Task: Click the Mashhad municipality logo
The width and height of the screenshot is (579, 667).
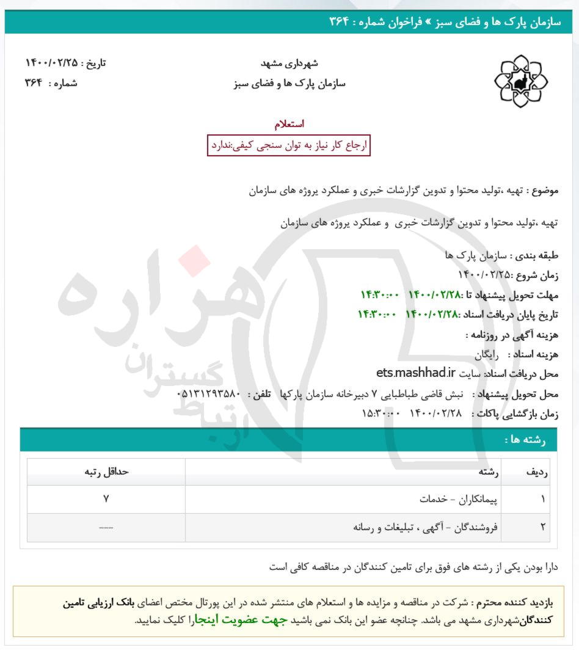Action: tap(520, 81)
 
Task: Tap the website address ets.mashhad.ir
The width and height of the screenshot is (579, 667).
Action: tap(416, 372)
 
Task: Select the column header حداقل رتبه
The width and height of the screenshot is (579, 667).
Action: tap(106, 472)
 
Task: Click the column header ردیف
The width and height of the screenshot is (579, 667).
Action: tap(536, 472)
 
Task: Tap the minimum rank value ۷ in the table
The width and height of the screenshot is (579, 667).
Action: tap(106, 499)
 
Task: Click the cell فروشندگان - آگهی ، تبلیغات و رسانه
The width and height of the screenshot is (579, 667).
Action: tap(426, 527)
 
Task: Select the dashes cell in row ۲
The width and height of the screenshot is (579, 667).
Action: tap(106, 527)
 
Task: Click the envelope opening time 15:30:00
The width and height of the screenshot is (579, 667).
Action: tap(381, 413)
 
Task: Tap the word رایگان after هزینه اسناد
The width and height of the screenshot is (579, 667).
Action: tap(487, 354)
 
